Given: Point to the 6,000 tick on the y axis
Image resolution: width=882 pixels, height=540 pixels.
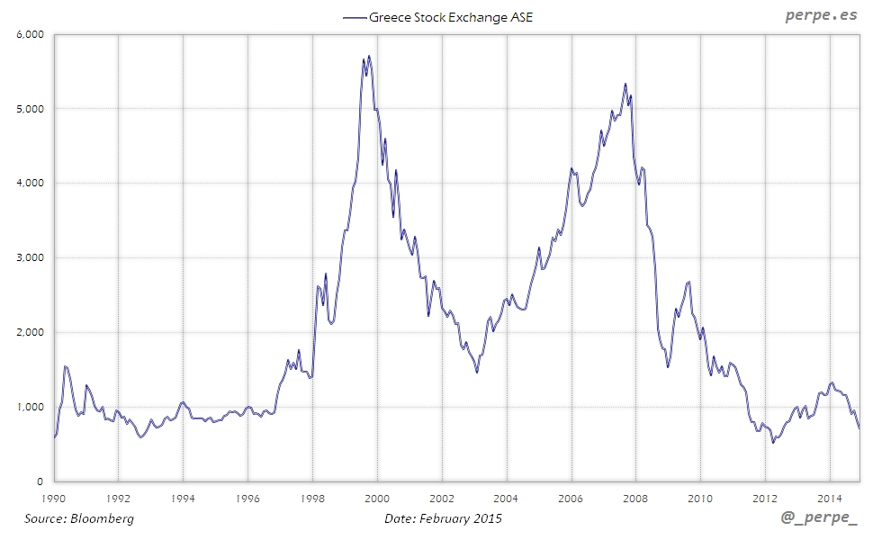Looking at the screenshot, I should (31, 35).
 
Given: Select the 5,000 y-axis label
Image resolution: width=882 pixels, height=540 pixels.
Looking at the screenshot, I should (31, 109).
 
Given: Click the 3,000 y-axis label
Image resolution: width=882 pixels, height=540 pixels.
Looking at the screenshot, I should (31, 258).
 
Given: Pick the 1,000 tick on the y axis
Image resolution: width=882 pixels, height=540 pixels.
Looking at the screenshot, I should (31, 407).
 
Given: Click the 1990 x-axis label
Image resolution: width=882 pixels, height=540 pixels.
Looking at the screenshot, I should (54, 497).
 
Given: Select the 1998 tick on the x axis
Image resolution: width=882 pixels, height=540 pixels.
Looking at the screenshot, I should (312, 497).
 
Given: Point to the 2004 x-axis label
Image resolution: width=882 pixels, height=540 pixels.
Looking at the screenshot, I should (506, 497).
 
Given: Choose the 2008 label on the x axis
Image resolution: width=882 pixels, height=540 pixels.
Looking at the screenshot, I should (635, 497).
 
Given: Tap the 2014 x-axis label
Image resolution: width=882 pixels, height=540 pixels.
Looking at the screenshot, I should (829, 497).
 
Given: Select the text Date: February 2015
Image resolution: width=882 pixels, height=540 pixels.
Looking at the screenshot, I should (443, 518).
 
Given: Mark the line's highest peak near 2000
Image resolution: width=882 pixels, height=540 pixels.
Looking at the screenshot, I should (369, 57).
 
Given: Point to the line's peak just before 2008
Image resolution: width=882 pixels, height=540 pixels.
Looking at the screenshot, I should (625, 85).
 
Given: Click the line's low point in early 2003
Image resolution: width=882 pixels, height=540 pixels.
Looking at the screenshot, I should (477, 371).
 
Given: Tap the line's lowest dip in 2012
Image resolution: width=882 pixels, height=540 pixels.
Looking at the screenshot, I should (772, 442).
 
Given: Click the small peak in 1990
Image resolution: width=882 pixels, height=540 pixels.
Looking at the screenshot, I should (66, 366).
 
